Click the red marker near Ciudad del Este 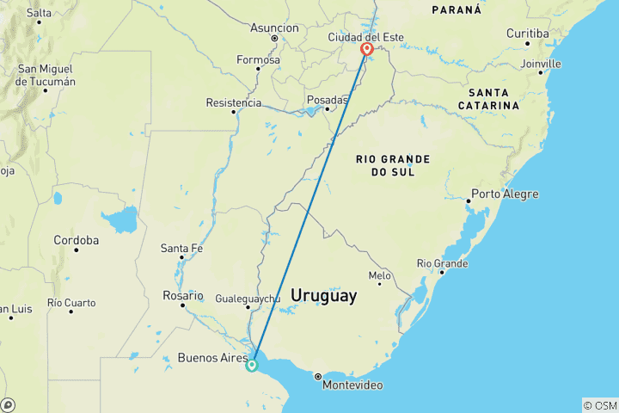click(x=367, y=49)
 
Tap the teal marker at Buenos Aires click(x=252, y=365)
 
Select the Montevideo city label click(x=352, y=385)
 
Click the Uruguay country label click(x=323, y=295)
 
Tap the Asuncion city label click(x=274, y=28)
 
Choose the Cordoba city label click(x=76, y=240)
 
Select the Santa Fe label click(x=181, y=249)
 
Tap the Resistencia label click(x=234, y=102)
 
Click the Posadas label click(x=328, y=100)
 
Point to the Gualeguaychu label click(x=248, y=298)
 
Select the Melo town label click(x=379, y=275)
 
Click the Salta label click(x=39, y=13)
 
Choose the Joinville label click(x=541, y=64)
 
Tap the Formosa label click(x=258, y=60)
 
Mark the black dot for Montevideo click(x=317, y=376)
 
